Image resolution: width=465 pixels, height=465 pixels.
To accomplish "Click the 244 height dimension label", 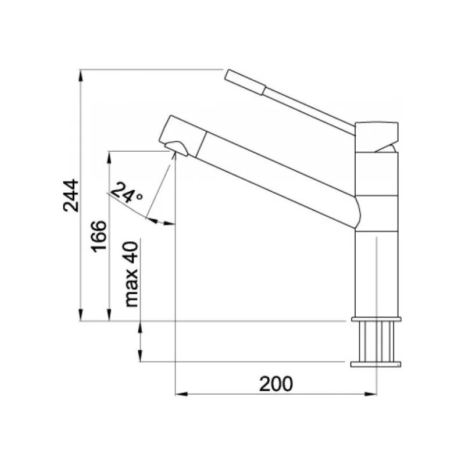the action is pos(71,195).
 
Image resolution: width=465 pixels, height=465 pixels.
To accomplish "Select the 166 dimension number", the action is pos(99,237).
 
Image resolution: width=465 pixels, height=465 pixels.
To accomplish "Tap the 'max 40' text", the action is pos(131,274).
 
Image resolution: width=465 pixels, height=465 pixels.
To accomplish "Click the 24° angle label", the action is pos(126,192).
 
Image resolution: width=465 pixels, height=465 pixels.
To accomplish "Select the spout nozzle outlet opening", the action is pos(177,148).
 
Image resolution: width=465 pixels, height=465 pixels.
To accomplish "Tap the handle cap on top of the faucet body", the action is pos(377,137).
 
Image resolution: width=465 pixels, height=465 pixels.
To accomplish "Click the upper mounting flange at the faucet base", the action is pos(376,319).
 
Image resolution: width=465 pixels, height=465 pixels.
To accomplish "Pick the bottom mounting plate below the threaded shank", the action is pos(375,364).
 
